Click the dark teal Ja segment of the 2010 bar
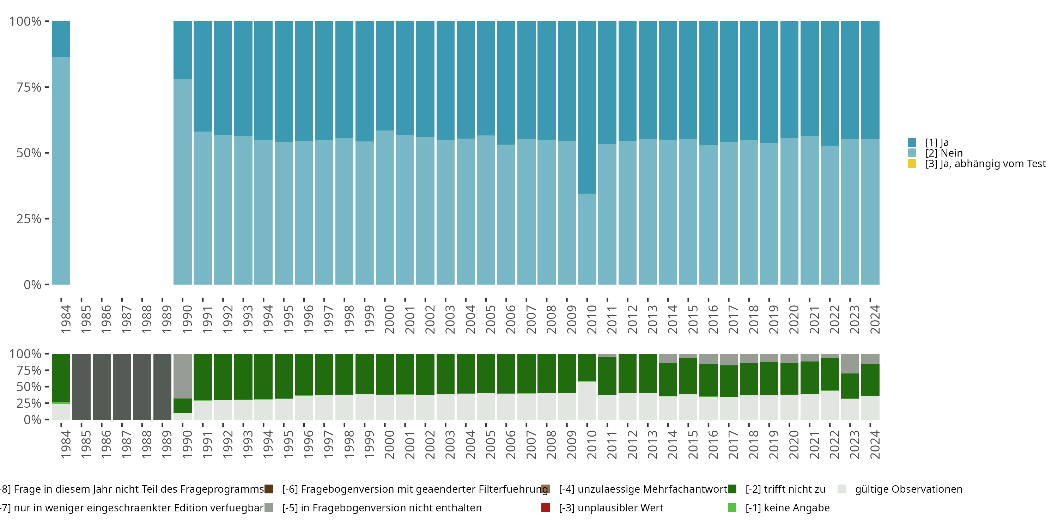pyautogui.click(x=587, y=107)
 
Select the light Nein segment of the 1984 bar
pyautogui.click(x=61, y=170)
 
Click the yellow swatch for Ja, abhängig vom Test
pyautogui.click(x=912, y=164)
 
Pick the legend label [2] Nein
pyautogui.click(x=944, y=153)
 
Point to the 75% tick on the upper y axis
pyautogui.click(x=29, y=87)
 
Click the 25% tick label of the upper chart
pyautogui.click(x=29, y=219)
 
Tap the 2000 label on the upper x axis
pyautogui.click(x=389, y=319)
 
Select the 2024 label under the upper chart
pyautogui.click(x=874, y=319)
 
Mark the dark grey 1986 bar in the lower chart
pyautogui.click(x=102, y=387)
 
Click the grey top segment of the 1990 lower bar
pyautogui.click(x=182, y=376)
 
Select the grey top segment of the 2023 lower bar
pyautogui.click(x=850, y=364)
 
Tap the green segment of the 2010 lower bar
pyautogui.click(x=587, y=367)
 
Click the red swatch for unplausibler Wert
pyautogui.click(x=546, y=507)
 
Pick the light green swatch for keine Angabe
pyautogui.click(x=732, y=507)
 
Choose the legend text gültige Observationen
pyautogui.click(x=908, y=489)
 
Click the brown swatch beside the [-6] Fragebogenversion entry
pyautogui.click(x=269, y=489)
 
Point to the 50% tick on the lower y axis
pyautogui.click(x=29, y=387)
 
